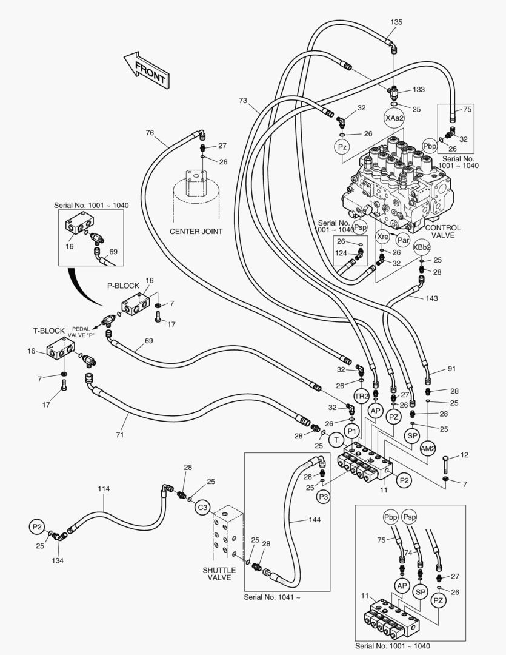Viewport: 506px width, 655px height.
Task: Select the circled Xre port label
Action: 382,237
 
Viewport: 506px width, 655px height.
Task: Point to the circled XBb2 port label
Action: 422,247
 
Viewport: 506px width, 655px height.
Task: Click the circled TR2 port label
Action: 362,397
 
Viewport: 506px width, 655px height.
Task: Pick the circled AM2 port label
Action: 428,448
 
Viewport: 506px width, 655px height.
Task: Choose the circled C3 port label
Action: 202,507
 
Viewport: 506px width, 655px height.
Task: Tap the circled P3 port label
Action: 324,497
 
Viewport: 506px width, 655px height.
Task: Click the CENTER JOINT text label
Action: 196,231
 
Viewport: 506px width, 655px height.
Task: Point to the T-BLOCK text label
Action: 48,331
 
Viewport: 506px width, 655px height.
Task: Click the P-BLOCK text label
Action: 123,286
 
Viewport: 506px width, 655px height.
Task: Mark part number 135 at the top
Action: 396,22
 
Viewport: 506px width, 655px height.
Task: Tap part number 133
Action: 419,90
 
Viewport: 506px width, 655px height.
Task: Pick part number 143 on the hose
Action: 431,298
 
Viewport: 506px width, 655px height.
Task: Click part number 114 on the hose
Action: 104,489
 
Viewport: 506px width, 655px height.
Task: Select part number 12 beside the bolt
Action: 465,455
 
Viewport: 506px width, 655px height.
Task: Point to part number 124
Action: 341,253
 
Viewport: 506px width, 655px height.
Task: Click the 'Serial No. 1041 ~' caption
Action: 272,597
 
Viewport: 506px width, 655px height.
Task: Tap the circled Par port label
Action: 403,241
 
